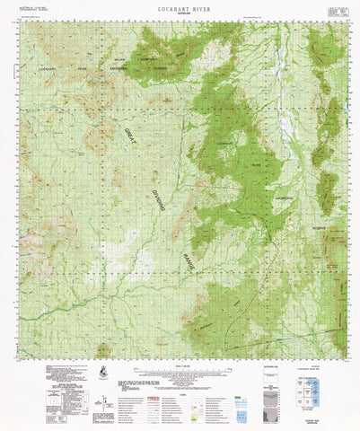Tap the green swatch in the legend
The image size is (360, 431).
(x=202, y=405)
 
